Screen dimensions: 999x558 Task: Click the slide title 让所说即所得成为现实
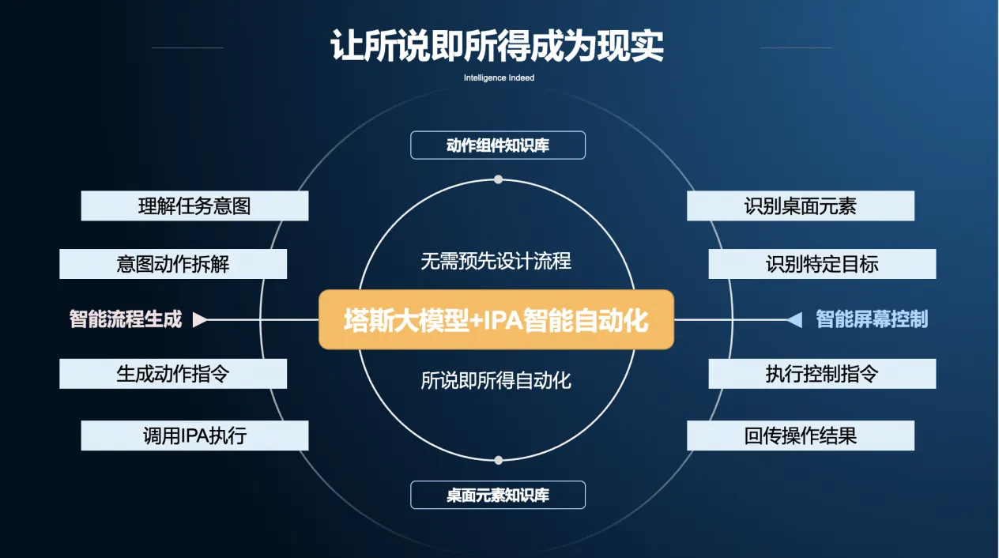pos(497,46)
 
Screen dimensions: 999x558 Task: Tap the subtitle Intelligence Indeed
pos(499,78)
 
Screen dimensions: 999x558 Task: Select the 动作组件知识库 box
pos(498,145)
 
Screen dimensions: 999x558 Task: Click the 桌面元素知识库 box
pos(498,495)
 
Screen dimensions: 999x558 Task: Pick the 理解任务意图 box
pos(194,206)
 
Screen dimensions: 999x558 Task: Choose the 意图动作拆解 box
pos(173,264)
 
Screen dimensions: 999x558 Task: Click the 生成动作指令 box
pos(173,373)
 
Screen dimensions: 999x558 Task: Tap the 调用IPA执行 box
pos(194,435)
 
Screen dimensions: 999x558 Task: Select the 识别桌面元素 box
pos(800,206)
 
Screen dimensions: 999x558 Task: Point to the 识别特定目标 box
pos(822,264)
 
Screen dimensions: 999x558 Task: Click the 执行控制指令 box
pos(822,373)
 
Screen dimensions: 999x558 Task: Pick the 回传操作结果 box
pos(800,435)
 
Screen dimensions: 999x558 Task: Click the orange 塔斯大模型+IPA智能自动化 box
pos(496,319)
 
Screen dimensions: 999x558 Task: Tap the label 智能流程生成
pos(126,319)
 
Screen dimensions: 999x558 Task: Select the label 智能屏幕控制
pos(872,319)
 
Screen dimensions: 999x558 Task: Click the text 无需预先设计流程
pos(496,261)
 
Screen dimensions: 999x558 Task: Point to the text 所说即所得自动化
pos(496,380)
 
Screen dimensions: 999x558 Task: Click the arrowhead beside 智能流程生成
pos(200,319)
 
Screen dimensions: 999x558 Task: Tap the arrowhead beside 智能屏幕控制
pos(794,319)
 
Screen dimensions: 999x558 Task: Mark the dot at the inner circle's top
pos(498,179)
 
